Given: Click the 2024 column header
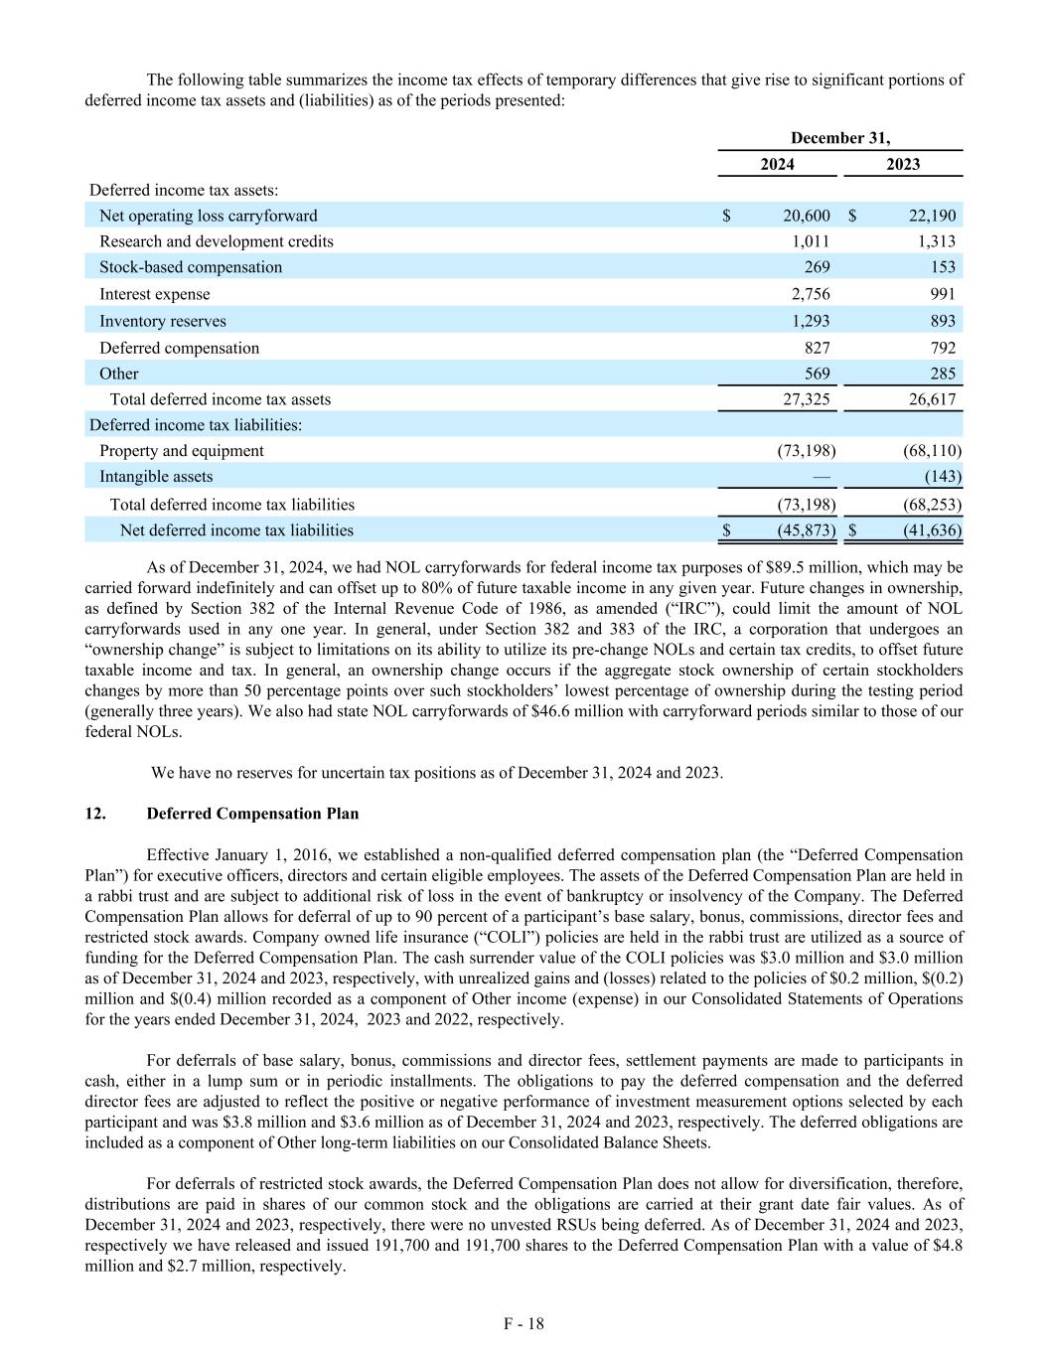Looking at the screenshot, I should pos(777,164).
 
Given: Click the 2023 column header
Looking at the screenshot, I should pos(903,164).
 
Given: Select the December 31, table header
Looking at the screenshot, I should pos(840,138).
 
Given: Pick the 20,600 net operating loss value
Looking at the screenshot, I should pos(805,216).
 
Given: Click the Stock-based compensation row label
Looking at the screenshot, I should pos(191,267).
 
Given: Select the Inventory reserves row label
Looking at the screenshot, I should pos(163,321).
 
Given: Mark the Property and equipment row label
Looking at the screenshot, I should pos(182,451).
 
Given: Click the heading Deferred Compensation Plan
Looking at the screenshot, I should pos(252,814).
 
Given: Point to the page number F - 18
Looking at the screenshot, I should pos(524,1323).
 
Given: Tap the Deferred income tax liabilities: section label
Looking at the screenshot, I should pos(196,425).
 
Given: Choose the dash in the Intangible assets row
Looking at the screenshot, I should pos(822,477).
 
